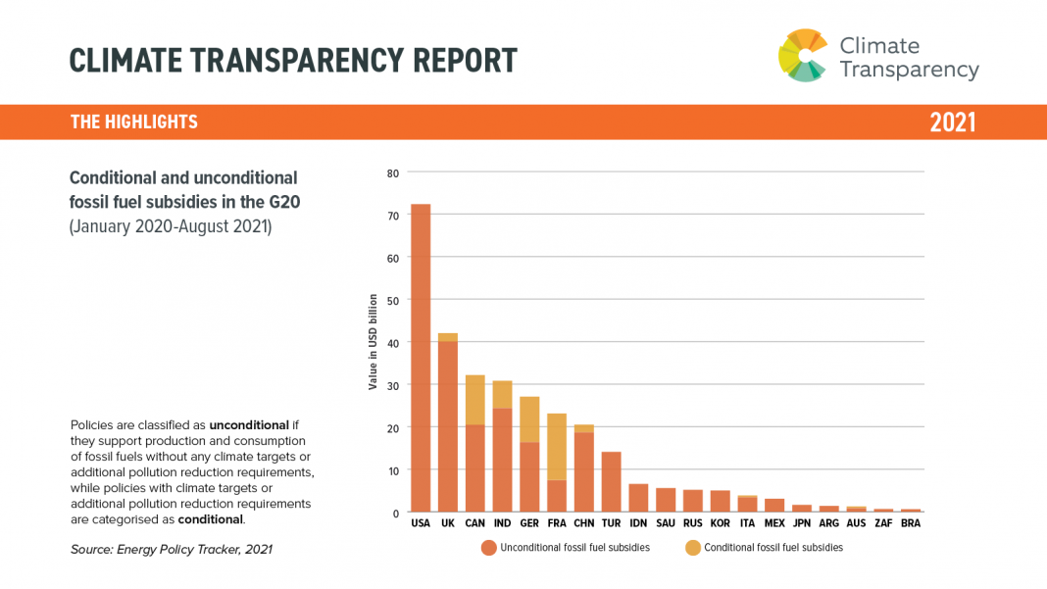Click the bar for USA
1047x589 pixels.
point(421,358)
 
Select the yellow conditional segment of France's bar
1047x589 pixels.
point(557,447)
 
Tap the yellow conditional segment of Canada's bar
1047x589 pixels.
point(475,400)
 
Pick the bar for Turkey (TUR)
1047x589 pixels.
point(612,482)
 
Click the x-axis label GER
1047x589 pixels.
point(529,524)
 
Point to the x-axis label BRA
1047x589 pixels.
point(911,524)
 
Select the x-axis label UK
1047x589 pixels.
point(448,524)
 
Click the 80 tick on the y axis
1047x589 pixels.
point(393,173)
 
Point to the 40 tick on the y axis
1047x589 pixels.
point(393,343)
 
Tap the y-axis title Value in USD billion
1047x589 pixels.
point(374,342)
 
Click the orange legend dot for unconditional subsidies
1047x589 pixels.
point(488,548)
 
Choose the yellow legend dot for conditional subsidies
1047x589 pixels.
point(692,548)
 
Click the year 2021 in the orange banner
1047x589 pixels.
point(953,123)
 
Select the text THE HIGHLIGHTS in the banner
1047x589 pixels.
point(134,123)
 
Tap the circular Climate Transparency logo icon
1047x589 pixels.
point(803,55)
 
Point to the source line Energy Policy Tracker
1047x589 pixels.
point(172,550)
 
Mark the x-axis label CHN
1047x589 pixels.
point(583,524)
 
